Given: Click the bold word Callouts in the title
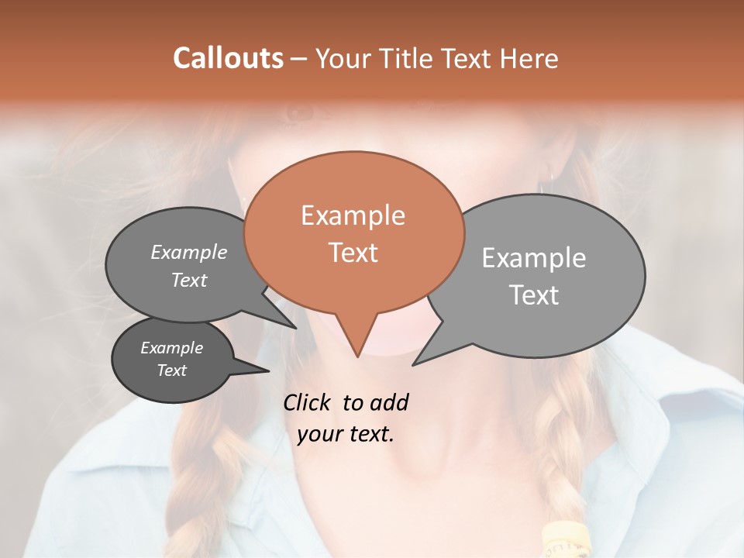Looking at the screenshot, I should pos(228,58).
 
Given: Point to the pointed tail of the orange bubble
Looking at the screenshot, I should pos(357,353).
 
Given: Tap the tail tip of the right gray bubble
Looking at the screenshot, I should pos(415,363).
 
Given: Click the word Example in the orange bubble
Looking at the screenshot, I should pos(353,215).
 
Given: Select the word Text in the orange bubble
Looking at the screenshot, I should pos(353,253).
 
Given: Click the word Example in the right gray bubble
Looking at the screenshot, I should pos(534,258).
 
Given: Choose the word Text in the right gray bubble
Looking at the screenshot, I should pos(534,294).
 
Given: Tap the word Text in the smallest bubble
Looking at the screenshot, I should pos(172,370).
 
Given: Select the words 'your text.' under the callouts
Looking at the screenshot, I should pos(346,435).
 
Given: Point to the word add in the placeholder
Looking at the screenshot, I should pos(388,402).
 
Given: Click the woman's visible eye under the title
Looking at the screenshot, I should pos(299,114).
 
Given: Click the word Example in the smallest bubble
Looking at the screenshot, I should pos(172,348).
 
